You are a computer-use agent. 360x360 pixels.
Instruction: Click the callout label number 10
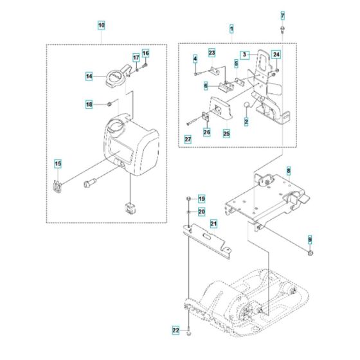(x=101, y=26)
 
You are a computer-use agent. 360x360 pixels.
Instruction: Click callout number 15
(x=58, y=164)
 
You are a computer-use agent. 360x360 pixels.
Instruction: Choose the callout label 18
(x=89, y=104)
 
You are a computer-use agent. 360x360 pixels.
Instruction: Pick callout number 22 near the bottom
(x=175, y=330)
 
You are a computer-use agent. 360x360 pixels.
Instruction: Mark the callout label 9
(x=310, y=239)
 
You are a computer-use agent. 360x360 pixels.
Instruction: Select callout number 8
(x=289, y=171)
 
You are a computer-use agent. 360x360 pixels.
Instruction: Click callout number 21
(x=213, y=223)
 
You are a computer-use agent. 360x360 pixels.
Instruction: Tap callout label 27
(x=188, y=139)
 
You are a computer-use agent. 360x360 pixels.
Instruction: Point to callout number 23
(x=211, y=51)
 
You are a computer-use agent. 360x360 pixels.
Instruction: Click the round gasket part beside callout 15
(x=58, y=186)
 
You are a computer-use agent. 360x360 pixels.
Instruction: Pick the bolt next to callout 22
(x=188, y=333)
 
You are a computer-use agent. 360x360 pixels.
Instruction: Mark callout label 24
(x=276, y=56)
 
